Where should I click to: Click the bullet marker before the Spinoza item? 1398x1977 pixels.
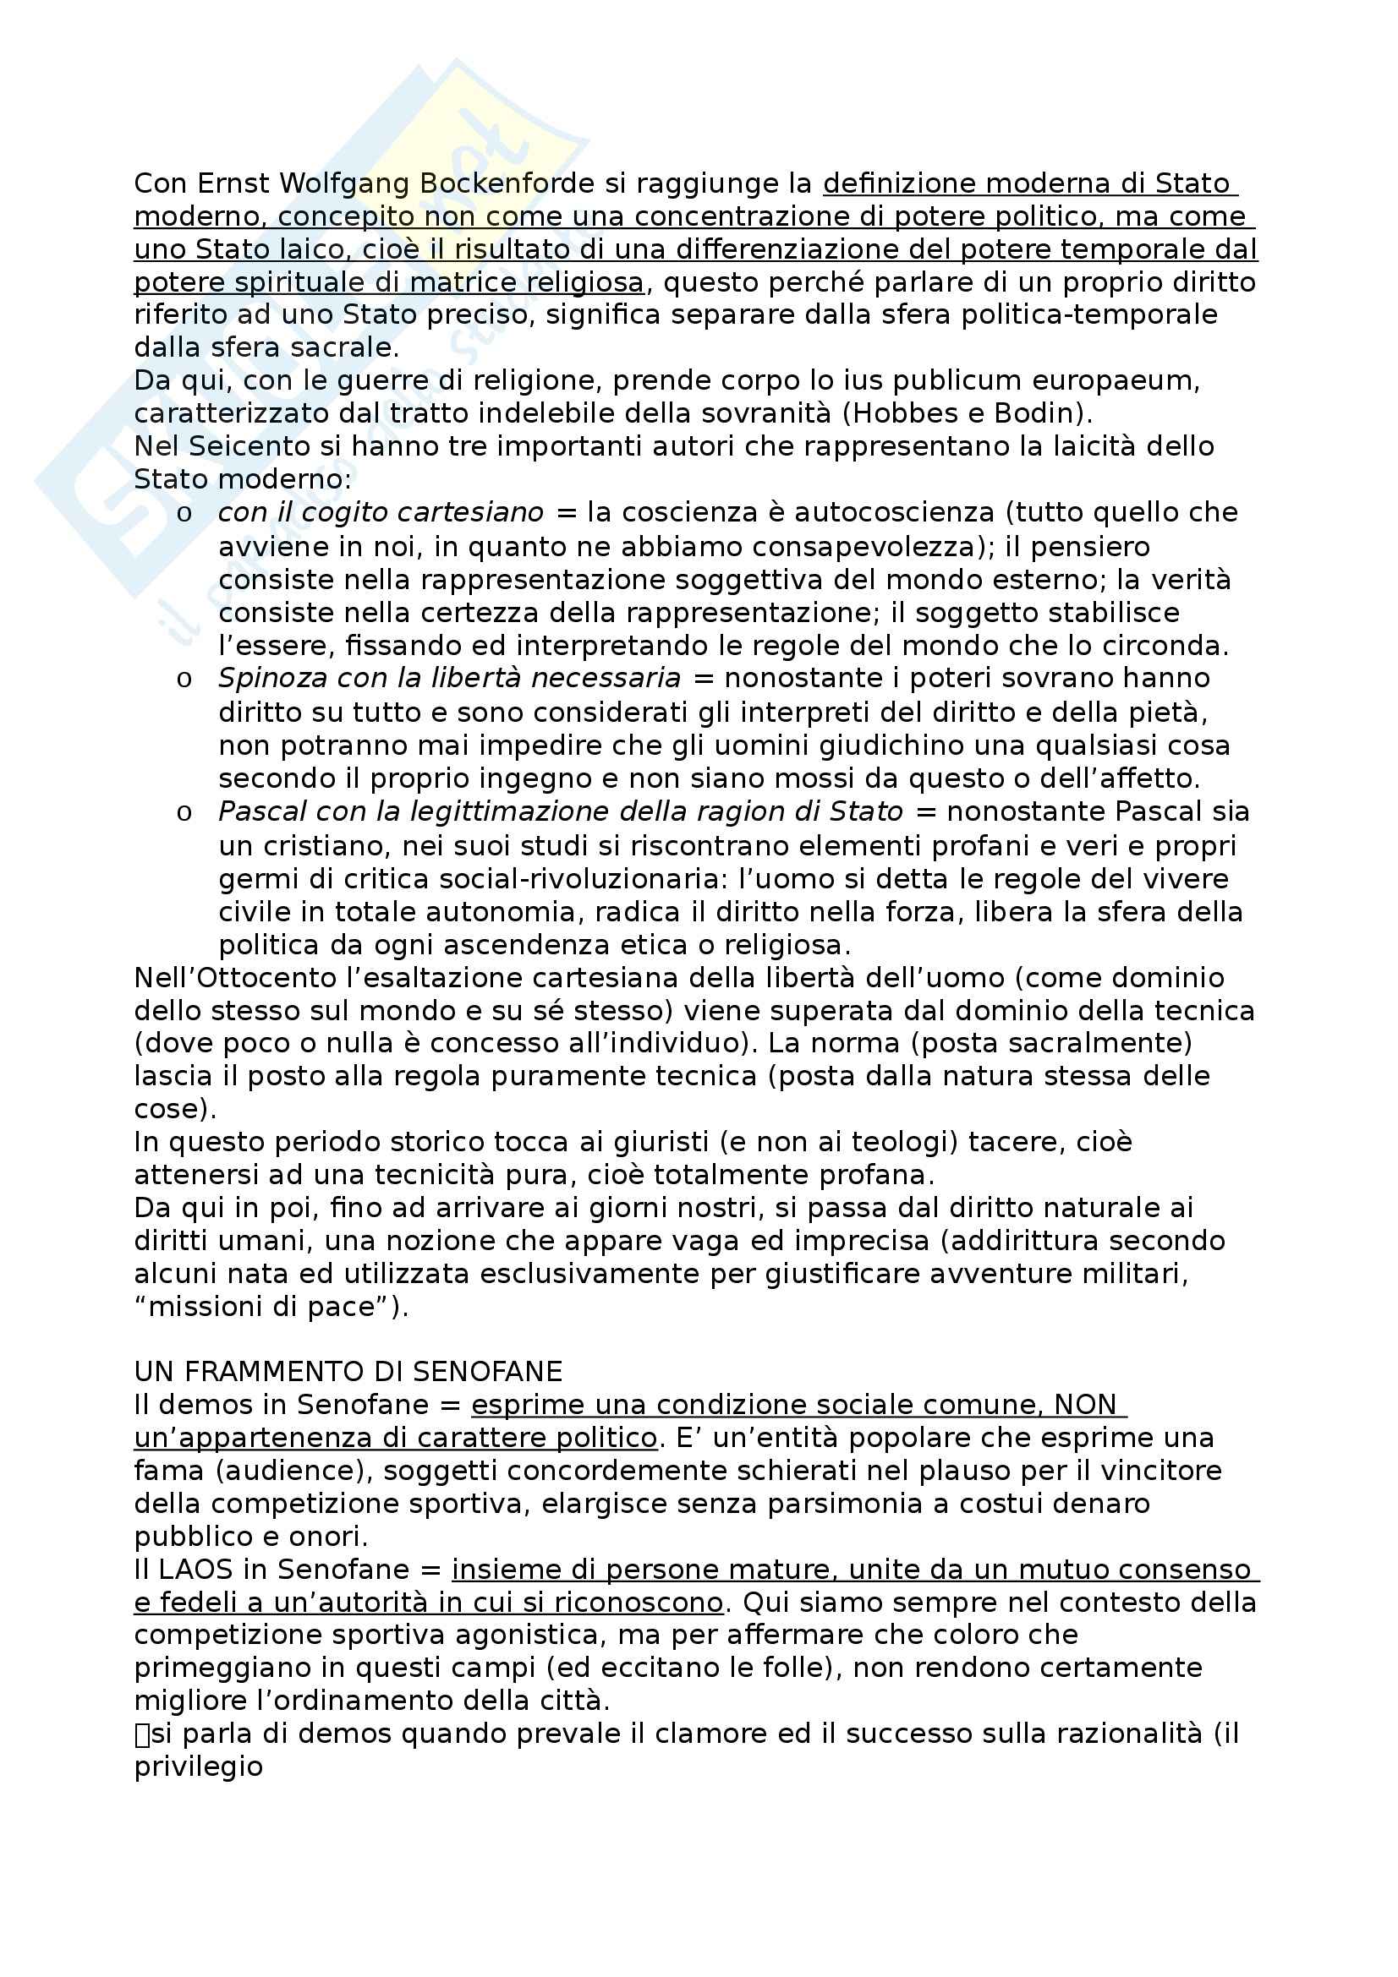pyautogui.click(x=184, y=680)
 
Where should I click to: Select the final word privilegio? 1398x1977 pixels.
pyautogui.click(x=198, y=1767)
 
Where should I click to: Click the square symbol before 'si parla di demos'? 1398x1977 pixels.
pyautogui.click(x=142, y=1735)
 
